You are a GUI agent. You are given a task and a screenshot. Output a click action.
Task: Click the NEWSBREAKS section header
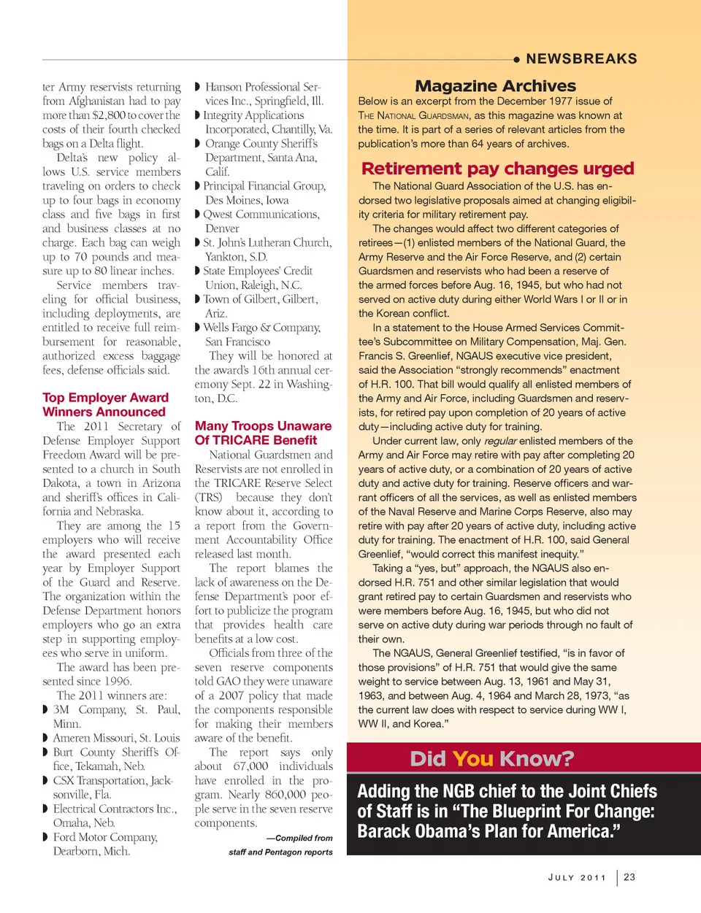581,59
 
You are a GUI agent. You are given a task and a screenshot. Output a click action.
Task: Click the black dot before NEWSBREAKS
516,59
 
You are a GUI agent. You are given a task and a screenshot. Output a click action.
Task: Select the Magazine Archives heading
495,86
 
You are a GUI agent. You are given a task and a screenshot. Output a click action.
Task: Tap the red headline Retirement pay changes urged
497,169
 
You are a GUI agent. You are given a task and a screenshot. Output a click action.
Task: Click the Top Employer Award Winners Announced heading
105,404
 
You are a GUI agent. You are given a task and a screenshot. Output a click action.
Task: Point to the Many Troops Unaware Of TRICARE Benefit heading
263,433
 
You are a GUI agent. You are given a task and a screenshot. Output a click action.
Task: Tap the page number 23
629,877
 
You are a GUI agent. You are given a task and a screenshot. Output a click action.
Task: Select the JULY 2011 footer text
577,878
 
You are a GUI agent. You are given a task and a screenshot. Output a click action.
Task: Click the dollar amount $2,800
108,115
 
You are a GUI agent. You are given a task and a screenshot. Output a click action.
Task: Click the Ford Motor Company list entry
105,837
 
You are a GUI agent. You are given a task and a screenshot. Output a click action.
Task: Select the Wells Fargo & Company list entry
261,328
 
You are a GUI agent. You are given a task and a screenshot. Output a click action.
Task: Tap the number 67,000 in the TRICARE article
250,766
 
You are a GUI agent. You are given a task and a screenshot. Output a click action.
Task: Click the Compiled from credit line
299,838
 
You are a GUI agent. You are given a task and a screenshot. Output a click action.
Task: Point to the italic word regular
500,441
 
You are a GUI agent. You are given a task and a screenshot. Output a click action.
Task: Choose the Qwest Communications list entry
261,215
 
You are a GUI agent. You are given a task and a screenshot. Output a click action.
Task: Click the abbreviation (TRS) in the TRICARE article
208,498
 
